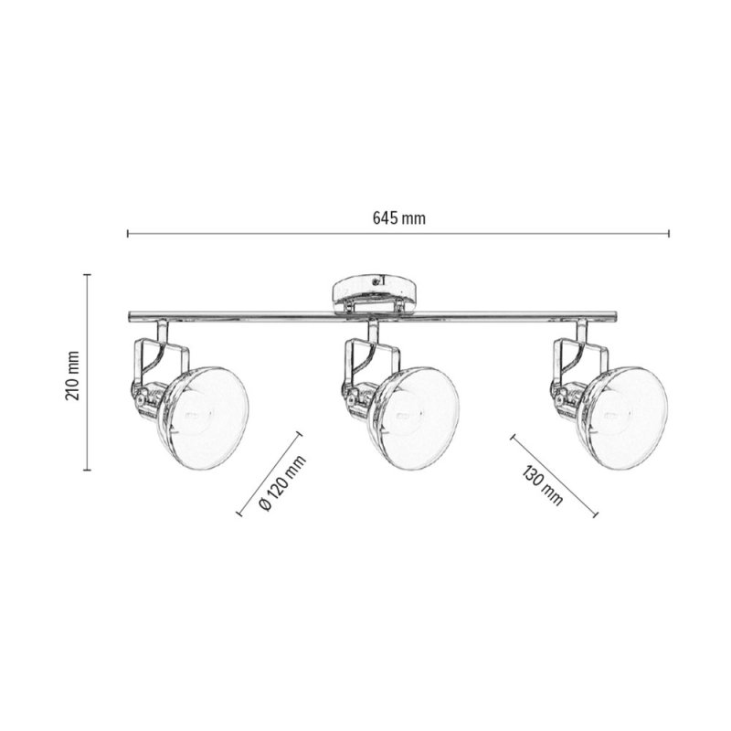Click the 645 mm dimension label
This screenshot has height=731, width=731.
click(x=399, y=218)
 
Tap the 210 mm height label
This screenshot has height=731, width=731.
click(x=73, y=376)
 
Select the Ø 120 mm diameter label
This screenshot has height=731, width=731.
click(x=282, y=483)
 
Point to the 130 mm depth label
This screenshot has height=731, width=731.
click(x=542, y=485)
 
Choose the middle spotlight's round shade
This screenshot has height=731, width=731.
click(x=414, y=418)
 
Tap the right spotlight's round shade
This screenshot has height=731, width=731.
click(x=622, y=418)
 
